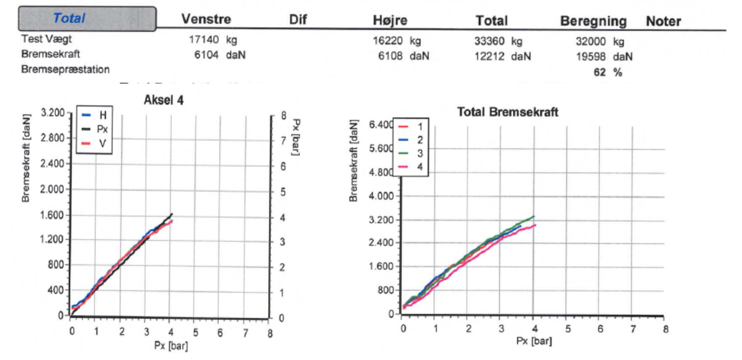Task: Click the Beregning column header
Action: pos(593,21)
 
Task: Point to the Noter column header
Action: pos(663,21)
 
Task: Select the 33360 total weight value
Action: pos(489,41)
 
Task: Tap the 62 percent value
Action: pos(600,72)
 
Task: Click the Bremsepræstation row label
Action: pos(65,69)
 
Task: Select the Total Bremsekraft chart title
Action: pos(507,112)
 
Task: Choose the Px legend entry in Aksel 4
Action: pos(101,130)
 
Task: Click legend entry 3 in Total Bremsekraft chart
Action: pos(420,153)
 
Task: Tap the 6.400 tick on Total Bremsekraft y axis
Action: pos(381,125)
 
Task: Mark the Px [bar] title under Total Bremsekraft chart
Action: pos(533,341)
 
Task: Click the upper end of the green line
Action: pos(534,216)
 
